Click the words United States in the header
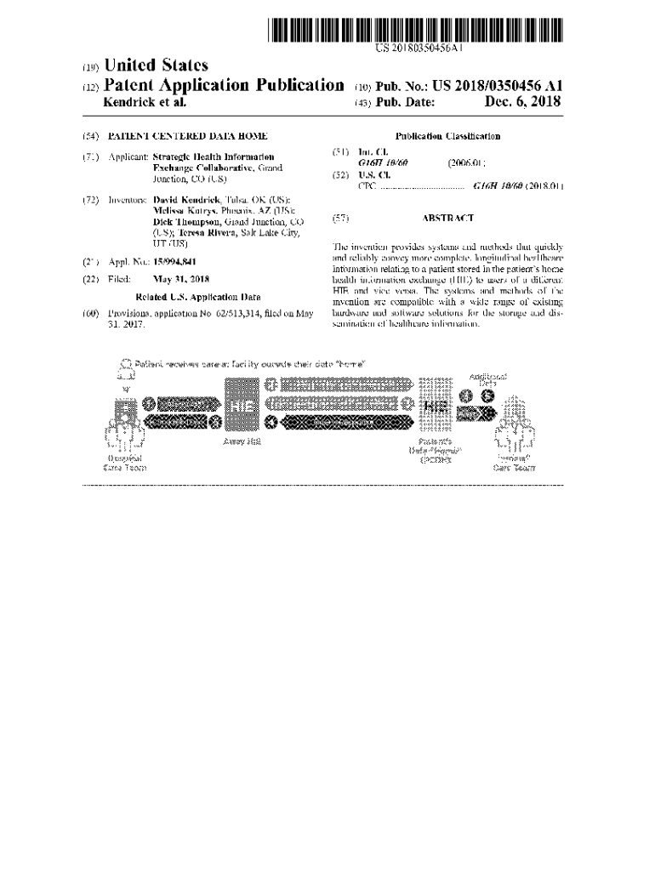pos(155,65)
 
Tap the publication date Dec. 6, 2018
pos(523,102)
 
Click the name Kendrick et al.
pos(144,102)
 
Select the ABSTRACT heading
pos(447,218)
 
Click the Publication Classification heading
pos(447,136)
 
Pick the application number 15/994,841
pos(175,262)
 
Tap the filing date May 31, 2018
pos(180,279)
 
